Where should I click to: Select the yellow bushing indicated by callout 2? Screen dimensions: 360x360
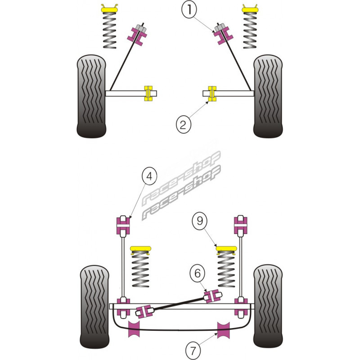[211, 94]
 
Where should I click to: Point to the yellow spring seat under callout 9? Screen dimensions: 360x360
[227, 249]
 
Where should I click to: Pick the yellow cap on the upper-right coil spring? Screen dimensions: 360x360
[251, 8]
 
